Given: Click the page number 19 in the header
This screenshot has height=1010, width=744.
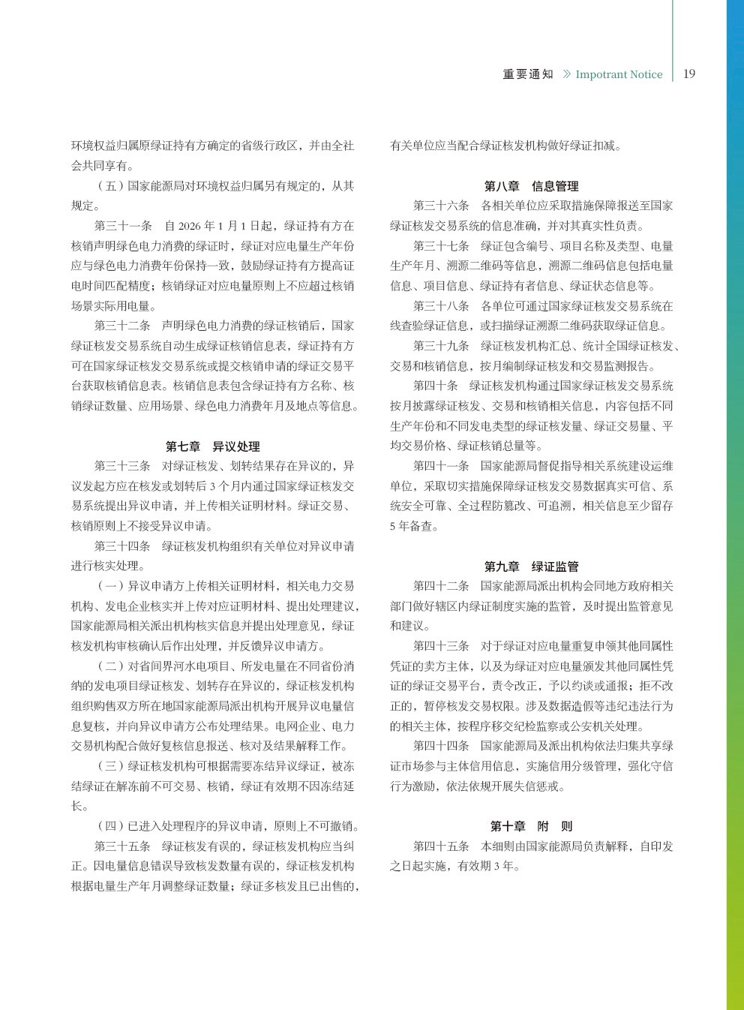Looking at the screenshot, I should (x=689, y=74).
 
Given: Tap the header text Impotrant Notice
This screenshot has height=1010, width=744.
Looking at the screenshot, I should (x=619, y=74).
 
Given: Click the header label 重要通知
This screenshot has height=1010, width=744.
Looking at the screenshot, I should (x=528, y=74).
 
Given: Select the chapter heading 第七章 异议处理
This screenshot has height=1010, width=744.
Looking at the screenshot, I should (x=212, y=446).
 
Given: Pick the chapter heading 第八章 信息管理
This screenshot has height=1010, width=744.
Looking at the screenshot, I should (x=531, y=186).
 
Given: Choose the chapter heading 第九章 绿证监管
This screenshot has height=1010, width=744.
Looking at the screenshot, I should (x=531, y=567).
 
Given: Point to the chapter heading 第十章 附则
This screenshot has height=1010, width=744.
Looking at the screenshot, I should (x=531, y=826).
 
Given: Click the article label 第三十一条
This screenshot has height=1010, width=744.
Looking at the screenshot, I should (x=123, y=226).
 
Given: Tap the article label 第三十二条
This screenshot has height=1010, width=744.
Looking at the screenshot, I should (x=123, y=326).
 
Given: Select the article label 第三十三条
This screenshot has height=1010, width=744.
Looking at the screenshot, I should (x=123, y=466).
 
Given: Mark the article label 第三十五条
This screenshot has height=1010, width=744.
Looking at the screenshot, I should (x=123, y=846).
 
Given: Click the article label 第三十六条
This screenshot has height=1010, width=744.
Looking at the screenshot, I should (x=442, y=206).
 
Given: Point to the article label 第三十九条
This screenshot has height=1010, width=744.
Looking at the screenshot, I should (x=442, y=346).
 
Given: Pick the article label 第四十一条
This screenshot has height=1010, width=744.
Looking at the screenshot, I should (x=442, y=466).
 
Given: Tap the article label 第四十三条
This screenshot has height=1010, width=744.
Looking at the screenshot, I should (x=442, y=646).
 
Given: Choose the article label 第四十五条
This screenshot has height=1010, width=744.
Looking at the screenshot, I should (x=442, y=846).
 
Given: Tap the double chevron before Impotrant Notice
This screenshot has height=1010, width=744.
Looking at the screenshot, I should (x=567, y=74).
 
